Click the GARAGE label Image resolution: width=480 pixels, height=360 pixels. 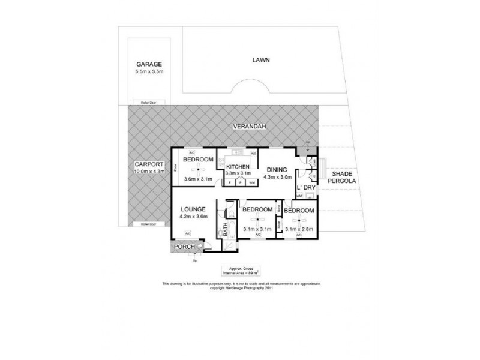(149, 64)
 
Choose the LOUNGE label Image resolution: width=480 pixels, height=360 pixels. (194, 209)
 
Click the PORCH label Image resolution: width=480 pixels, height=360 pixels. (182, 247)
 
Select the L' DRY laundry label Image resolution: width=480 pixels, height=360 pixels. (306, 188)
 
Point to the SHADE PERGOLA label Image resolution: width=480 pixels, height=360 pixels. (340, 178)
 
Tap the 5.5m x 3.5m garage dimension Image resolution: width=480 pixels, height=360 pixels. (149, 72)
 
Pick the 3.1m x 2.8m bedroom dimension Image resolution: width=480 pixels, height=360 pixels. (299, 228)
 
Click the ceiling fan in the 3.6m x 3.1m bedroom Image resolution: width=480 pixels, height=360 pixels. (198, 169)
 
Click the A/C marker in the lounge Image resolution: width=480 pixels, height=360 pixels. (187, 233)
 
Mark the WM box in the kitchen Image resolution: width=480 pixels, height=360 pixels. (251, 181)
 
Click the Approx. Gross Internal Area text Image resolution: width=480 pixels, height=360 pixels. (239, 272)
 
